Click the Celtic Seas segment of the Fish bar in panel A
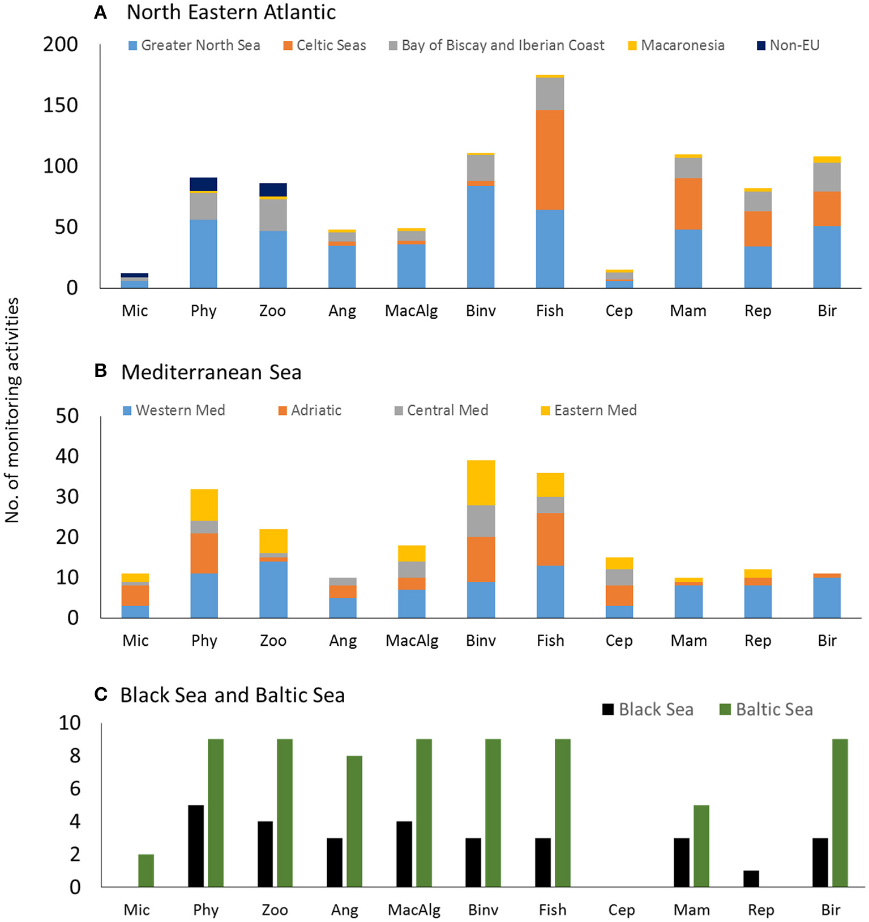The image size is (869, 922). pos(550,160)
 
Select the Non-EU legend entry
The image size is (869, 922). pos(788,45)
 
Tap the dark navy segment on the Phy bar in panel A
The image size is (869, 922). pos(203,184)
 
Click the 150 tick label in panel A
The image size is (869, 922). pos(61,105)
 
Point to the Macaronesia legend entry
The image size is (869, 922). pos(677,45)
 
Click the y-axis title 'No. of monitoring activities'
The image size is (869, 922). pos(12,410)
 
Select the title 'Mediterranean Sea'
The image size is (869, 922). pos(211,372)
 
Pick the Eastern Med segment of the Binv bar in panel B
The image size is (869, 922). pos(481,482)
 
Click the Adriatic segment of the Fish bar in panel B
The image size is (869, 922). pos(550,539)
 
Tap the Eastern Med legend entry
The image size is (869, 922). pos(589,410)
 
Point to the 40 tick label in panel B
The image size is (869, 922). pos(67,456)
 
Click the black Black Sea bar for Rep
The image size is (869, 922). pos(751,878)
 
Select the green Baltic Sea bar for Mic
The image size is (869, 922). pos(146,870)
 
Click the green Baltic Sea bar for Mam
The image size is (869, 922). pos(701,846)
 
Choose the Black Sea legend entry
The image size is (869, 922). pos(648,710)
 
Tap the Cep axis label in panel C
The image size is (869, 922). pos(621,910)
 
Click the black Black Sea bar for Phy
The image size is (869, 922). pos(196,846)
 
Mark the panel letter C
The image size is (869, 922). pos(101,694)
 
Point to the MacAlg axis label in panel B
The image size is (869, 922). pos(412,641)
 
